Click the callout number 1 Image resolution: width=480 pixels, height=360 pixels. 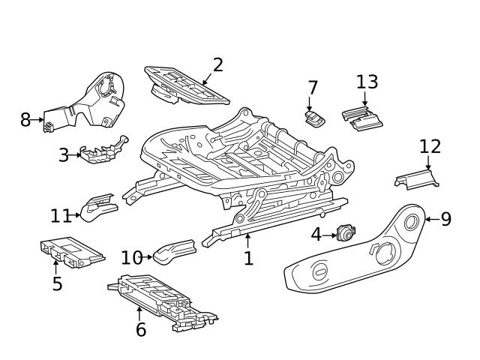(248, 259)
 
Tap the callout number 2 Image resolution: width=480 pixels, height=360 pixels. (217, 64)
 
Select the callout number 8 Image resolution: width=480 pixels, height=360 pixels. (25, 119)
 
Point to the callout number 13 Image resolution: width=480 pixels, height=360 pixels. (367, 82)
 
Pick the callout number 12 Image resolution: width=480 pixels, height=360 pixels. (430, 147)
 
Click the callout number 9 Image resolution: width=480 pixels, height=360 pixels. (445, 219)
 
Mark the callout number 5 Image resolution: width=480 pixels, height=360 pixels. (57, 284)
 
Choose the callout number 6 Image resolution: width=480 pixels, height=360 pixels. (140, 328)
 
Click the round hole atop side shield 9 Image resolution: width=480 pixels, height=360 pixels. (410, 221)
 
